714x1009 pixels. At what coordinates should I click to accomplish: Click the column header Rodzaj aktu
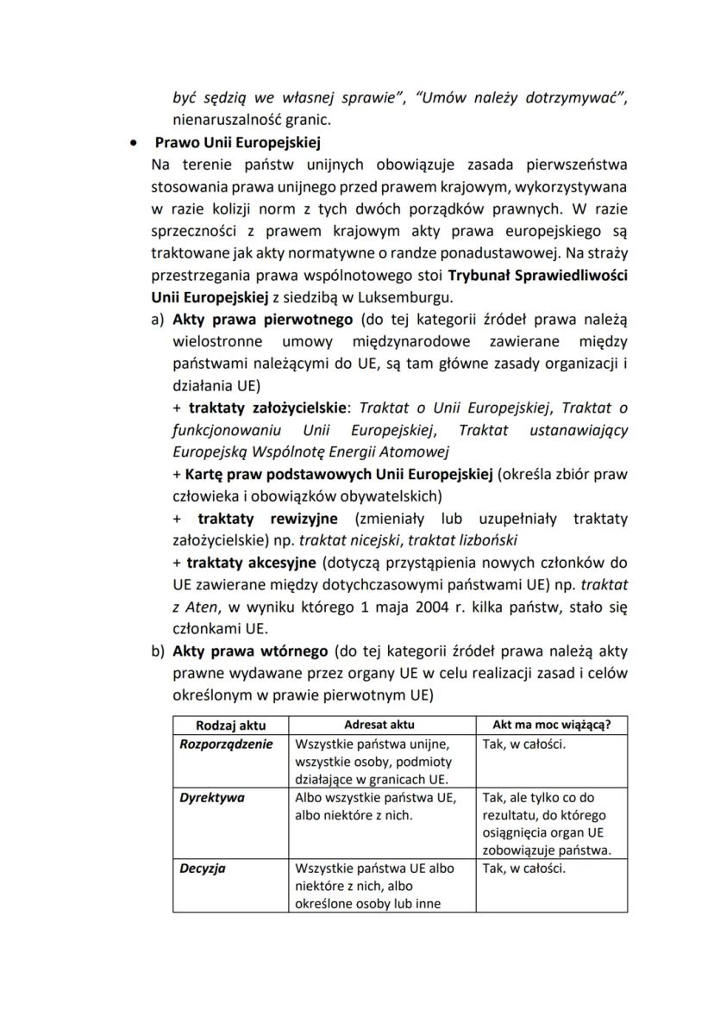[x=230, y=725]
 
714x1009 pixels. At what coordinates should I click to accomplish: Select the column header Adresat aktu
[x=379, y=725]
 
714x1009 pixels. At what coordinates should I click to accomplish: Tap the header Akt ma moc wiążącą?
[x=552, y=725]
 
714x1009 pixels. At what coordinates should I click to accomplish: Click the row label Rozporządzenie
[x=226, y=744]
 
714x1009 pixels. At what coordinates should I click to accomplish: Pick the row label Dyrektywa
[x=212, y=797]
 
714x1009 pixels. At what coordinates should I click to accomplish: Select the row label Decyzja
[x=203, y=868]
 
